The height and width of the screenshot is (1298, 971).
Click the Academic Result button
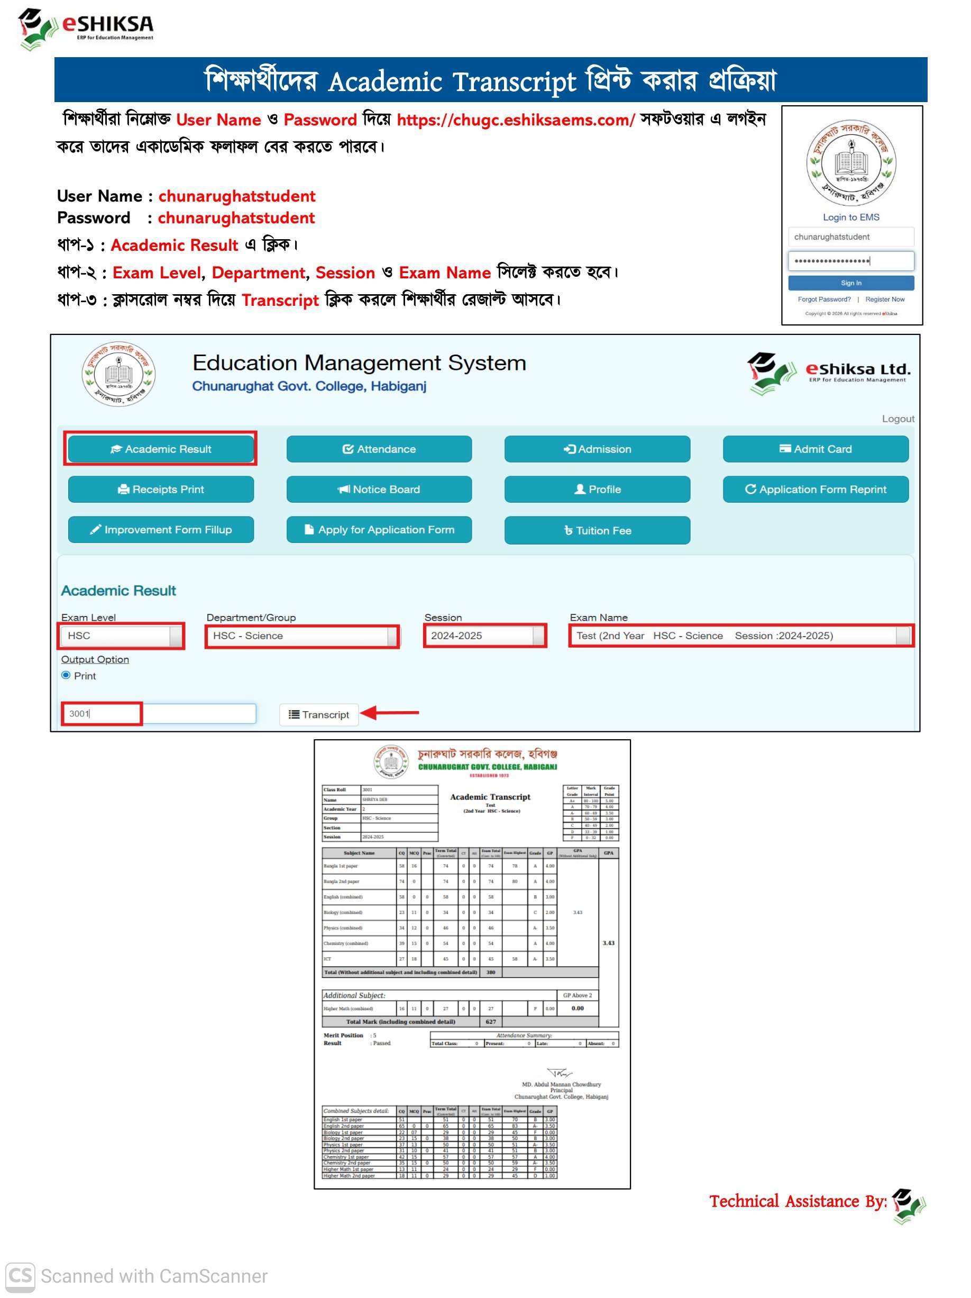161,449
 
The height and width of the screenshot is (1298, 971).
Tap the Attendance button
379,449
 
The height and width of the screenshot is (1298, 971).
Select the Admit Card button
815,449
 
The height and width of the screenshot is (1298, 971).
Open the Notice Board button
379,489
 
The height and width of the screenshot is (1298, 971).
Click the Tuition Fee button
597,530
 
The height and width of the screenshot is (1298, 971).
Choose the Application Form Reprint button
815,489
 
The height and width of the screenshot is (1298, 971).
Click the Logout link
897,419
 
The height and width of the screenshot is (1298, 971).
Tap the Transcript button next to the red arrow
318,714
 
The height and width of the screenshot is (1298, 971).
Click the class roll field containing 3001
158,713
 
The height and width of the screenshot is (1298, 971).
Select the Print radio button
66,675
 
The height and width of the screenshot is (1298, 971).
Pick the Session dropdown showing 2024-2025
485,636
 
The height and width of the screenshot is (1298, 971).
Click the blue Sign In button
850,283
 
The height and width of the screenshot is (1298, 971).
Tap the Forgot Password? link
824,299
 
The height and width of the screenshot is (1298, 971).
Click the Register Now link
884,299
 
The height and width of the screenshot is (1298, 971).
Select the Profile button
597,489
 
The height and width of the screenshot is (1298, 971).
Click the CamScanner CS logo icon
20,1277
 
